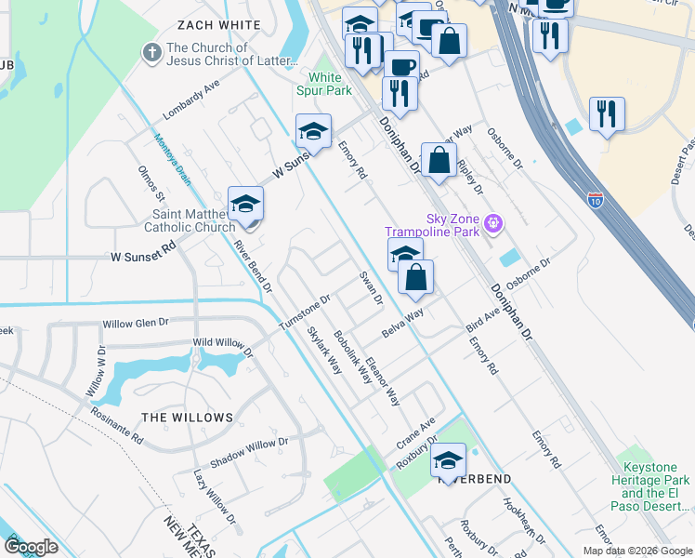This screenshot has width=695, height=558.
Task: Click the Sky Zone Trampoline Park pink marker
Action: [493, 222]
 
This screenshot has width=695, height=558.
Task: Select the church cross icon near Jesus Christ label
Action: [151, 53]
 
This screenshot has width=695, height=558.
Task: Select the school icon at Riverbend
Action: [448, 460]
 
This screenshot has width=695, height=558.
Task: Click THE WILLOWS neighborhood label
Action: [187, 418]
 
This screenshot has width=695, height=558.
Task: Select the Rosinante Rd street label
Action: [116, 422]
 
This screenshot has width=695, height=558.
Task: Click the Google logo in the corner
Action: [31, 547]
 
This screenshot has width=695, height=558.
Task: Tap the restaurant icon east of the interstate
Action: [607, 113]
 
